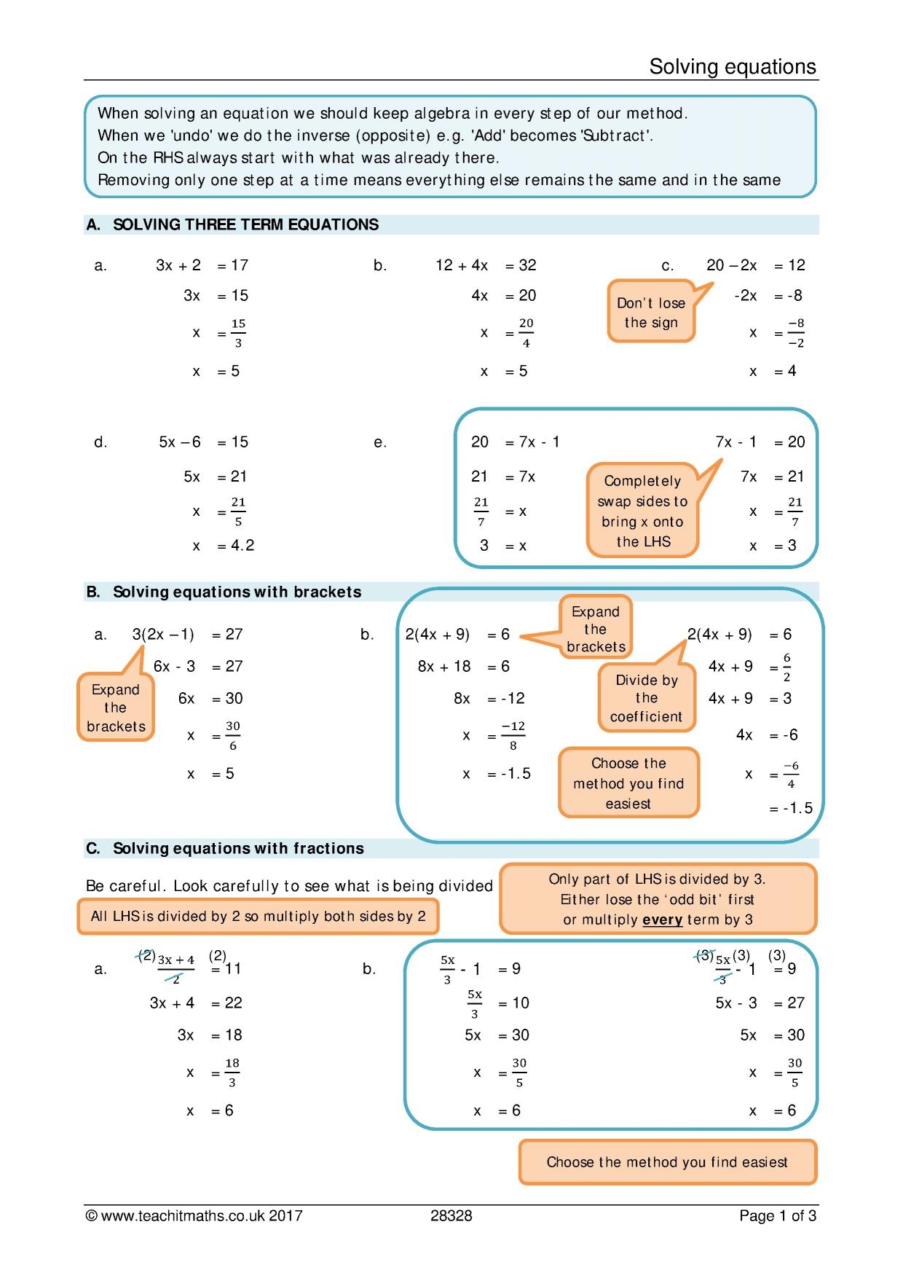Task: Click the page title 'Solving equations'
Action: pos(732,67)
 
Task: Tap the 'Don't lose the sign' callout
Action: pos(651,312)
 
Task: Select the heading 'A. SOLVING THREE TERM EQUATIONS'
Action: pos(232,224)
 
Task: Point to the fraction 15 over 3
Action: pos(238,333)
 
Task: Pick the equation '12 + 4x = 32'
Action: pos(486,265)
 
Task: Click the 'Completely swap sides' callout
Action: pos(642,511)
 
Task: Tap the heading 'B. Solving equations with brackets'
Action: pos(224,592)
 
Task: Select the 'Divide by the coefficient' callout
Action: pos(646,698)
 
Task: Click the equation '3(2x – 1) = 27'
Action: pos(187,635)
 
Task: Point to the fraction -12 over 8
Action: pos(513,736)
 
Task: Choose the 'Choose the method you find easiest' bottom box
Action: pos(667,1162)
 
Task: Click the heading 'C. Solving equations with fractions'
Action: pos(225,848)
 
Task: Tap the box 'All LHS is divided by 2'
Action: pos(258,917)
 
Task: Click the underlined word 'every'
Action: pos(662,920)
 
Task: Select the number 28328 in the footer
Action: pos(451,1215)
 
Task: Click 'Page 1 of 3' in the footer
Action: pos(777,1215)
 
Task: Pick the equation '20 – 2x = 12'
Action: pos(755,265)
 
